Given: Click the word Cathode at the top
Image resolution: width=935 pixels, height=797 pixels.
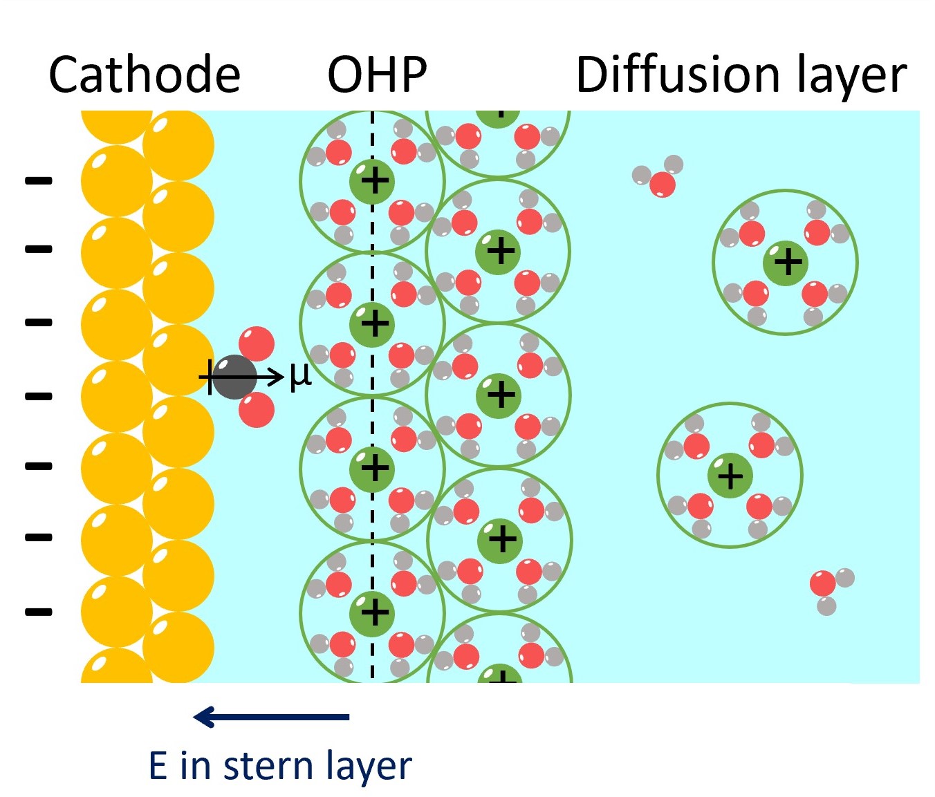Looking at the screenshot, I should tap(145, 75).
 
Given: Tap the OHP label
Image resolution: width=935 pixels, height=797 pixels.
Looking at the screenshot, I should tap(377, 75).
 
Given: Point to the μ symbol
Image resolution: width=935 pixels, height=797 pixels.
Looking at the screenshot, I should tap(300, 375).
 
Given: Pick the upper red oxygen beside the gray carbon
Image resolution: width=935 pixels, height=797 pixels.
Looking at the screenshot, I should tap(257, 344).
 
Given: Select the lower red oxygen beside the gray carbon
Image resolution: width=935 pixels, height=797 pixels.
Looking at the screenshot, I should tap(257, 409).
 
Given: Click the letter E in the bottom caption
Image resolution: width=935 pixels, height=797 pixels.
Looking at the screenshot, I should tap(158, 766).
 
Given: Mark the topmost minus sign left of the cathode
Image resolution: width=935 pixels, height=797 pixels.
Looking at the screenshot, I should tap(39, 181).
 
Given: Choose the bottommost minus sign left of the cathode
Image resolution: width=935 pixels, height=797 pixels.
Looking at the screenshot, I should tap(39, 612).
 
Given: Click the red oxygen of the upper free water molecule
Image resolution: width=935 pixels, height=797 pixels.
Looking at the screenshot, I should tap(662, 185).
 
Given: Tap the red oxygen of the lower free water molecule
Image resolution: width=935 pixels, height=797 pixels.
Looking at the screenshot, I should tap(823, 583).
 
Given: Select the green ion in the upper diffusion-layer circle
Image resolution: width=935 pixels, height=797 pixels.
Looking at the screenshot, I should tap(786, 263).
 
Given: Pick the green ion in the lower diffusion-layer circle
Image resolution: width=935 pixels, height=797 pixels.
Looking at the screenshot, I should tap(730, 476).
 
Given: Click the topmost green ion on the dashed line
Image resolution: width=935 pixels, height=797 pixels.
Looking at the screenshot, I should tap(372, 181).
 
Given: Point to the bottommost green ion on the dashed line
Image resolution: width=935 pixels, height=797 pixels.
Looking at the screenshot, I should tap(372, 612).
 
